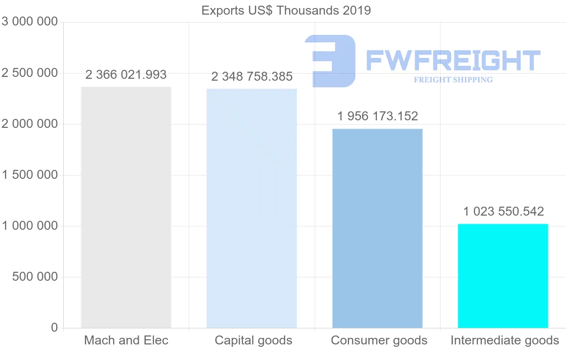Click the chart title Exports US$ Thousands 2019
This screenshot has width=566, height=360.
coord(286,10)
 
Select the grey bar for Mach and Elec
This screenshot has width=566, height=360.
coord(126,208)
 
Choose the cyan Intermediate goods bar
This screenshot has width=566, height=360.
coord(503,276)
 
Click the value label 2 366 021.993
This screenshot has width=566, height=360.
coord(126,75)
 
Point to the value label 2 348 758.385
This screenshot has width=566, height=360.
coord(252,76)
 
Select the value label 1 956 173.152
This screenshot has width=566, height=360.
coord(377,116)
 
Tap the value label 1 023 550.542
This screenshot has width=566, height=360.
coord(503,211)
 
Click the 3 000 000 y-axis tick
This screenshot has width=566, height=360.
coord(30,22)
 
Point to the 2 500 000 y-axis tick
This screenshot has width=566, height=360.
coord(30,73)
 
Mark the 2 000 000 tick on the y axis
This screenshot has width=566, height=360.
coord(30,124)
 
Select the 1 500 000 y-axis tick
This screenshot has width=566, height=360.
coord(30,175)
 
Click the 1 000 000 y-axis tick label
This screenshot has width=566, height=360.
coord(30,226)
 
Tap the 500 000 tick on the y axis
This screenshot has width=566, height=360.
coord(34,277)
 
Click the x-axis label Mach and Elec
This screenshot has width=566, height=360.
coord(126,340)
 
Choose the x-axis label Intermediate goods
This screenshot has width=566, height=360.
coord(505,340)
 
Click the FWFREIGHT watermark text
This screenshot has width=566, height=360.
coord(453,61)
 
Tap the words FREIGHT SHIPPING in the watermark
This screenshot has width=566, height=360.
coord(453,80)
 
